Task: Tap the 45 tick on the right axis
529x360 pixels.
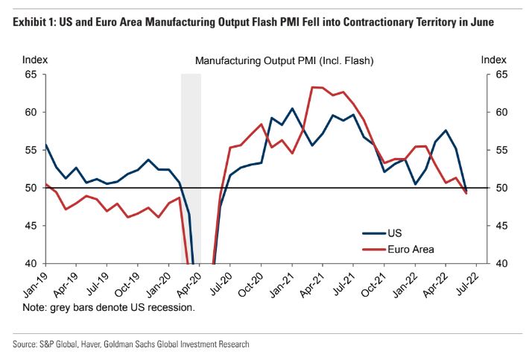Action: point(501,226)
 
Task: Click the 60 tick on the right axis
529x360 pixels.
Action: point(501,113)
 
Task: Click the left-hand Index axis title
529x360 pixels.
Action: point(34,59)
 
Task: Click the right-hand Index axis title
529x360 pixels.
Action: point(494,59)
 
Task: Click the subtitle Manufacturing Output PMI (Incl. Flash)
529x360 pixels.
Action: point(284,60)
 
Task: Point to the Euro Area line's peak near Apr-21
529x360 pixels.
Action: point(316,87)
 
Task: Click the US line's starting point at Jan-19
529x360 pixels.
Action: point(45,145)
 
